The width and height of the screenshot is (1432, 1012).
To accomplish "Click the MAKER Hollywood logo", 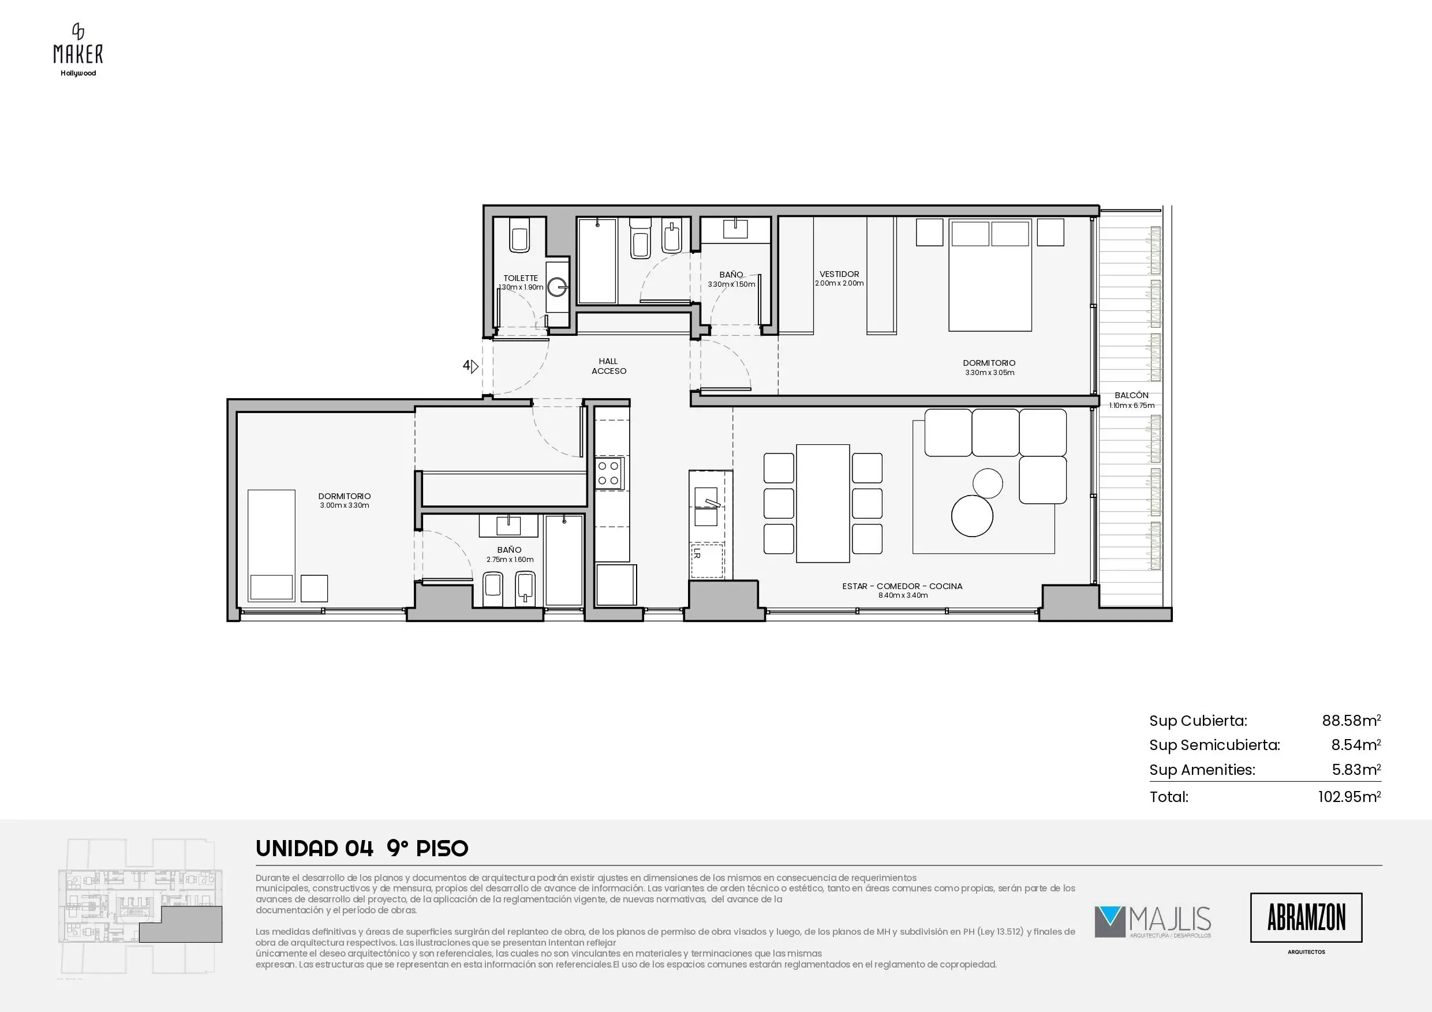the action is click(x=78, y=50).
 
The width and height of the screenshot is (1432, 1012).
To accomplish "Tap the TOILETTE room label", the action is click(x=521, y=278).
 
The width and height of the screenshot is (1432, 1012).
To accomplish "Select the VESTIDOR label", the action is click(x=839, y=273).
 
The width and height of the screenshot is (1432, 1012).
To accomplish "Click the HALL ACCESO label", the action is click(x=609, y=366).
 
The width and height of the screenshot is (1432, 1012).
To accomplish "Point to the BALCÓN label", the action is click(x=1131, y=395).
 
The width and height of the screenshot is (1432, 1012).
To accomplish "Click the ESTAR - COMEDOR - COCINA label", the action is click(x=903, y=586).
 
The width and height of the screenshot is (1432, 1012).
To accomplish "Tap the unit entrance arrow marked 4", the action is click(x=470, y=366).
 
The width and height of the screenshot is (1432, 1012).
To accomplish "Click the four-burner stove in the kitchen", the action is click(x=608, y=472).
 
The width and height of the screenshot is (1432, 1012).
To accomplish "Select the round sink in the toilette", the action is click(x=558, y=287).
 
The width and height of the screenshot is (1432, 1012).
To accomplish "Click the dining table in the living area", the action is click(x=822, y=503).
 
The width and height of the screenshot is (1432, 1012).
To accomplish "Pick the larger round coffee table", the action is click(x=972, y=516).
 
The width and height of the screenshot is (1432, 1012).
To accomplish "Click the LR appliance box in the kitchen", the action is click(x=706, y=560).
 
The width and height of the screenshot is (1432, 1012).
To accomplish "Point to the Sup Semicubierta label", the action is click(x=1214, y=745).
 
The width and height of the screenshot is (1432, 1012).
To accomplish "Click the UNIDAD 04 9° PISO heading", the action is click(x=362, y=848).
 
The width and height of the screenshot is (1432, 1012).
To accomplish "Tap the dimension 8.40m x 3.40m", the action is click(x=903, y=595).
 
